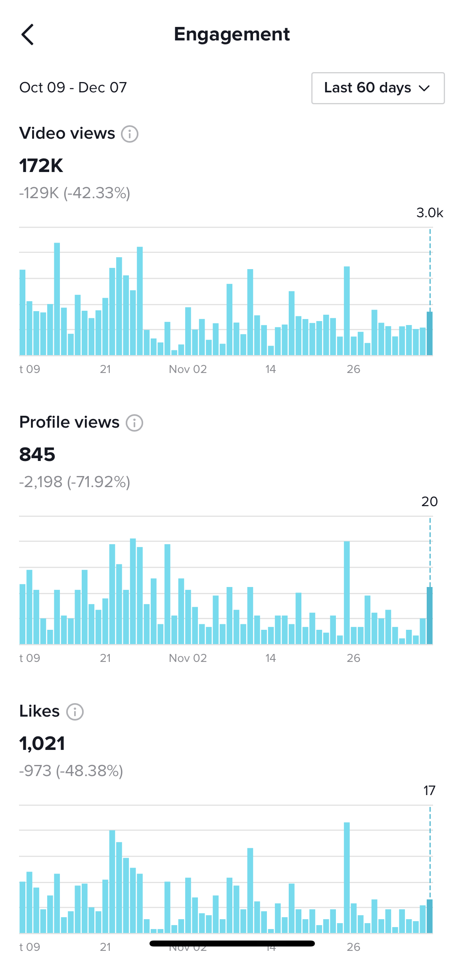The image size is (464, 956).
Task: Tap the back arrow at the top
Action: [27, 34]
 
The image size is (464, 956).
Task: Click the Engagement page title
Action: [232, 34]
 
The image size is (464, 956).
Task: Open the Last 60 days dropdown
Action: [378, 88]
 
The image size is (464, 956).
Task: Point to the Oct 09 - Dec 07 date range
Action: [73, 87]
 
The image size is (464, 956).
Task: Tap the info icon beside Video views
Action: [130, 134]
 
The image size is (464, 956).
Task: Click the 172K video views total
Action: [41, 166]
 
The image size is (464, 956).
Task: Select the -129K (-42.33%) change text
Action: [75, 193]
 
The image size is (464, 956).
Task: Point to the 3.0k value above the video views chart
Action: [429, 213]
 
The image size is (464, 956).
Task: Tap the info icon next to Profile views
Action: [134, 423]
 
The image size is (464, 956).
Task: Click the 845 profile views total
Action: [37, 454]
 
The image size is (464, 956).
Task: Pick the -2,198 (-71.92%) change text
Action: [75, 482]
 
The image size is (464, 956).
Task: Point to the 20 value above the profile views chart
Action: [429, 502]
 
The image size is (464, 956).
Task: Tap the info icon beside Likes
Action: [75, 712]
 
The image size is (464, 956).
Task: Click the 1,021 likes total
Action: [42, 743]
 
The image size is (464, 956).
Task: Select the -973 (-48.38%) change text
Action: [71, 771]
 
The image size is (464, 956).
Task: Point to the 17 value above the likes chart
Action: [429, 791]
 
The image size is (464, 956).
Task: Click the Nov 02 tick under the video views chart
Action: [188, 369]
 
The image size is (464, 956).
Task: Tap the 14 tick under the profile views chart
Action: [270, 658]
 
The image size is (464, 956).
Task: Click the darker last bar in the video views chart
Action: [429, 334]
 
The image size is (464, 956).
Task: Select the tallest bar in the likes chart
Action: [347, 878]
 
